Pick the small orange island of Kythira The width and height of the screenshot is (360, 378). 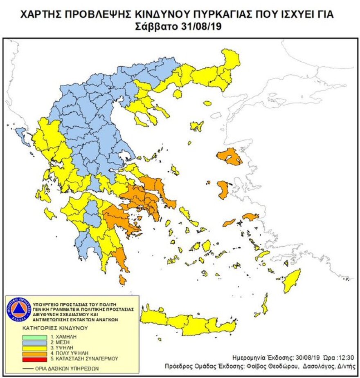(122, 280)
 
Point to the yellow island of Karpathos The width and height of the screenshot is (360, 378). (265, 304)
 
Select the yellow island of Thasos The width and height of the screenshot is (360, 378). (177, 94)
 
